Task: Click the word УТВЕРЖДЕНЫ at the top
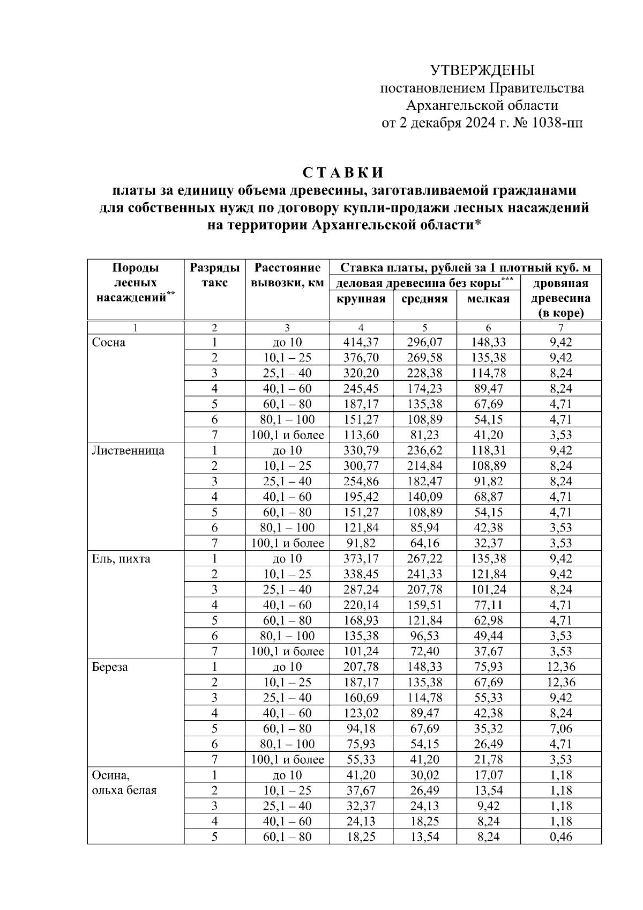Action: point(482,70)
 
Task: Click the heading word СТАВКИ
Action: point(343,173)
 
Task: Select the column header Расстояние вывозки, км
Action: point(287,275)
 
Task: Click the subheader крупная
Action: point(361,299)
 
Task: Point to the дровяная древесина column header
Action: point(560,298)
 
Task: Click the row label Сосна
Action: point(109,343)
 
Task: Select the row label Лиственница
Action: point(128,451)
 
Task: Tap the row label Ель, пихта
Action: point(121,559)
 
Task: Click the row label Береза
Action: point(110,668)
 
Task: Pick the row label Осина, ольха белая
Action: point(124,783)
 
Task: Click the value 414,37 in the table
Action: point(361,343)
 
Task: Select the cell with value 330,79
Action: point(361,451)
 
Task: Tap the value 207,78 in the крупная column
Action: point(361,668)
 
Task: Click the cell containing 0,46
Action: point(560,837)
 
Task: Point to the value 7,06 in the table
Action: point(560,729)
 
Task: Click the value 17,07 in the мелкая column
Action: point(488,775)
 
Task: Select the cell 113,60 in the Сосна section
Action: point(361,435)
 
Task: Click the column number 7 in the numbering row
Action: point(560,328)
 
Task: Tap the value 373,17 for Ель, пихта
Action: point(361,559)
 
